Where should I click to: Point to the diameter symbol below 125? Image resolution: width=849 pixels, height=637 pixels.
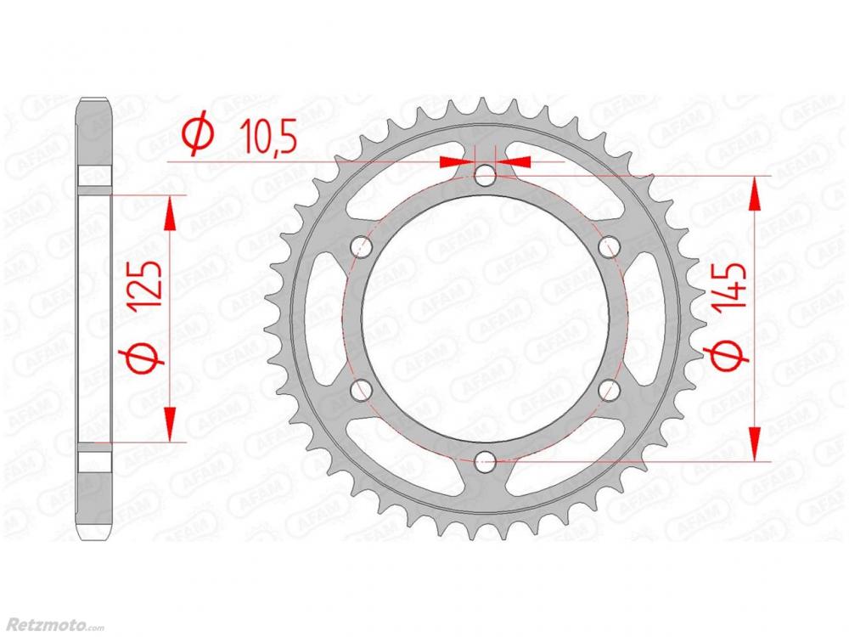pos(141,358)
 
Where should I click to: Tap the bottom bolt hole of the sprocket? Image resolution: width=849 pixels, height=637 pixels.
pos(485,462)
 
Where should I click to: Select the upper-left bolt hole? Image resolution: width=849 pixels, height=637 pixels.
pos(362,247)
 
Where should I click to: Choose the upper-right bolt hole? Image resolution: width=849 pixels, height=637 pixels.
pos(609,247)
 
